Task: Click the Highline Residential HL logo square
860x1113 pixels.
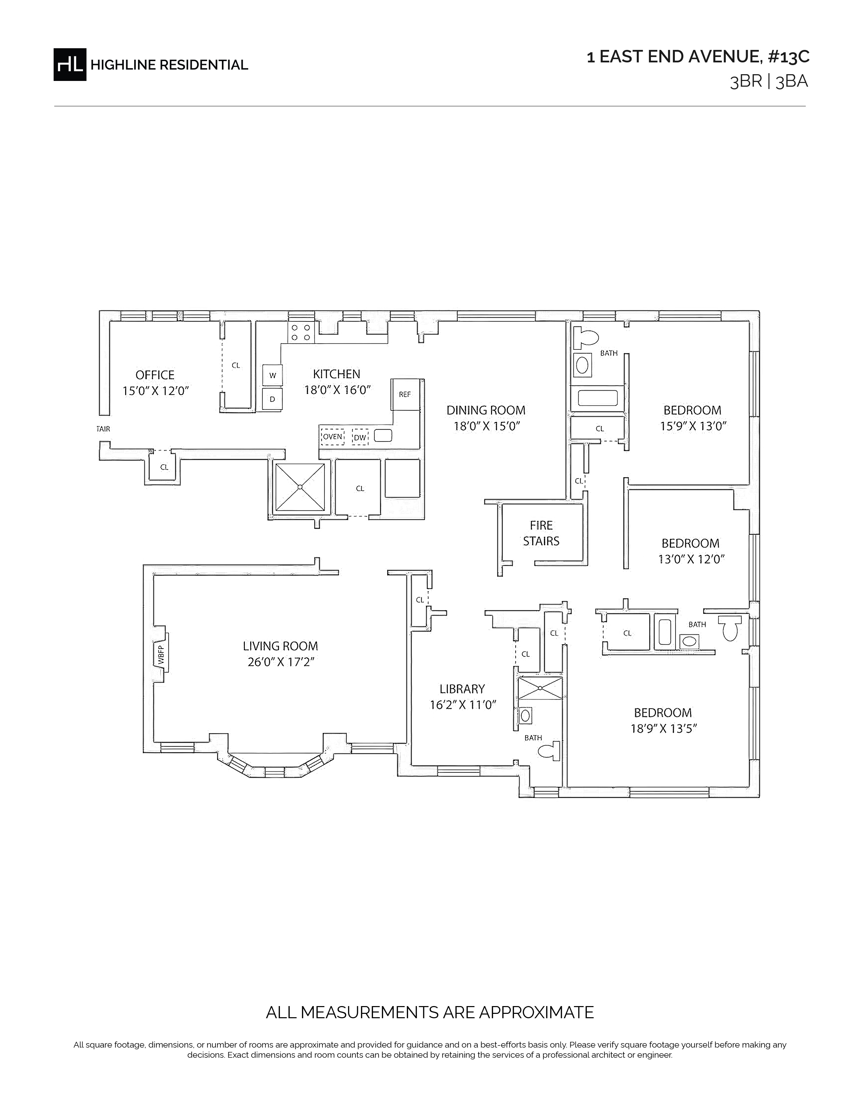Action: (70, 64)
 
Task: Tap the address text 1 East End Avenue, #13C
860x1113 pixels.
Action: (698, 57)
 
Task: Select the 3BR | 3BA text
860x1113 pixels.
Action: (769, 82)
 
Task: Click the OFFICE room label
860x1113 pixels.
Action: (155, 375)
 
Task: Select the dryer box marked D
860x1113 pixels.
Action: (273, 399)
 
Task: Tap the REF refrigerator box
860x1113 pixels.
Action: (405, 395)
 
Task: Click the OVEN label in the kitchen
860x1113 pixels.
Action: (333, 437)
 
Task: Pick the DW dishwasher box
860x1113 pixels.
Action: (360, 437)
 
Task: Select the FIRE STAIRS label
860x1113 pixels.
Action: (541, 533)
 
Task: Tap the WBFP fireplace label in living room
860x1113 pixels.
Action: (161, 655)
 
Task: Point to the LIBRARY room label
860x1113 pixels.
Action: (462, 689)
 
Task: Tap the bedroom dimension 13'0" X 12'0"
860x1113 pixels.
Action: (691, 559)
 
